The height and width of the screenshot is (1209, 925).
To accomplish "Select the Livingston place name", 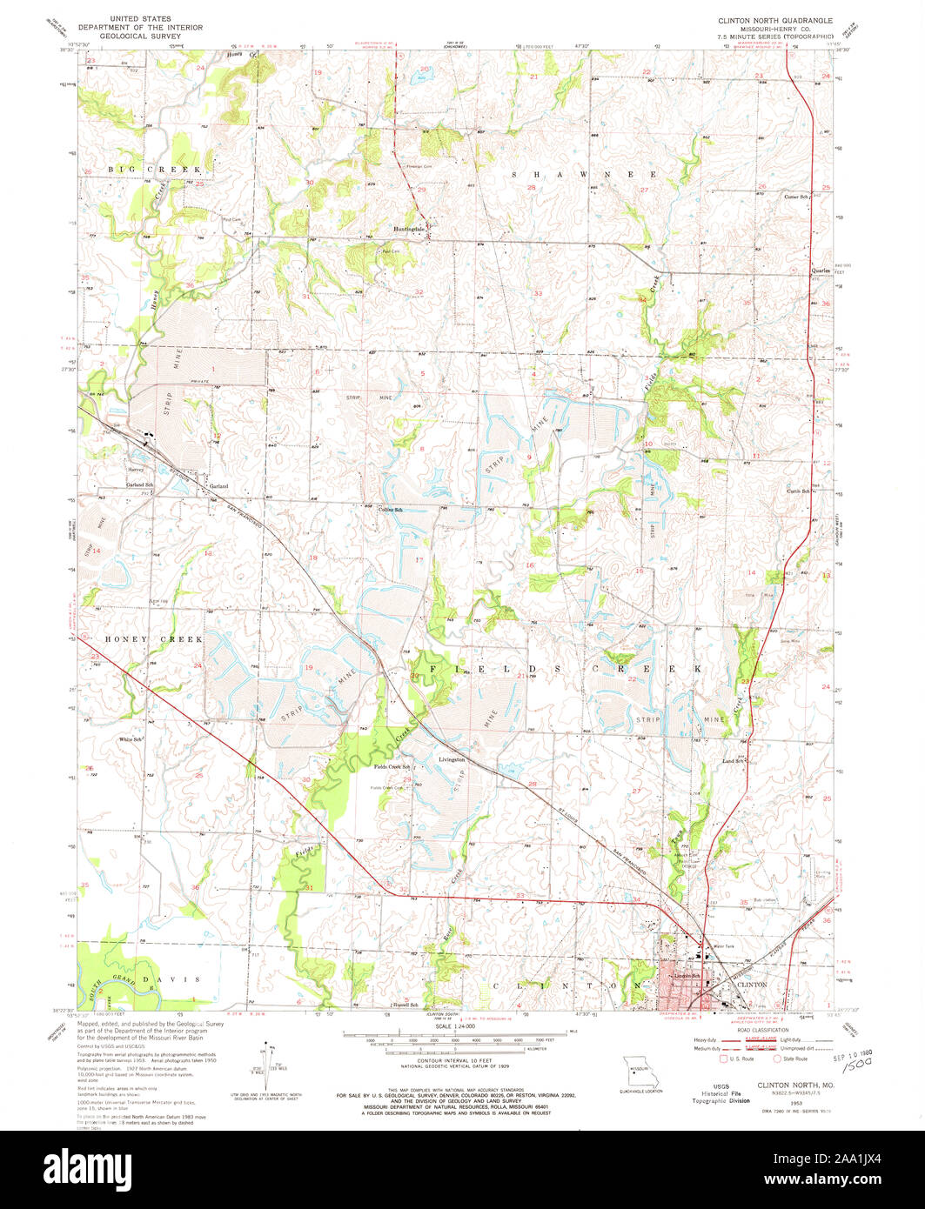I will pos(452,759).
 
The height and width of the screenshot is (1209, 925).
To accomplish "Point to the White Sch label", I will pos(131,739).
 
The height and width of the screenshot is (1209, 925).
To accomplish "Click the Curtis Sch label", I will pos(799,491).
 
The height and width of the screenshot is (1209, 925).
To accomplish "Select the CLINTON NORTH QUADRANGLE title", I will pos(774,19).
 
